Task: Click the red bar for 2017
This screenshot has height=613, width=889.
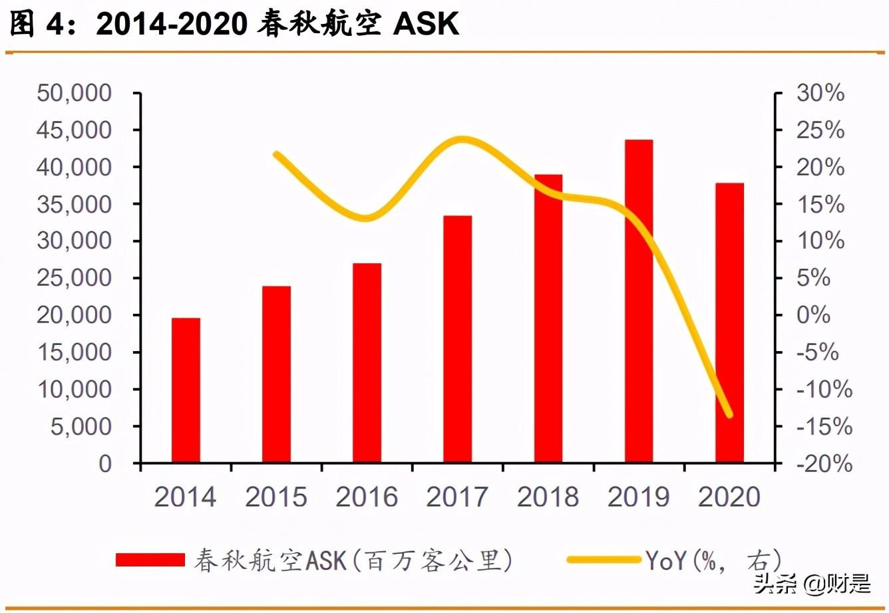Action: pos(457,339)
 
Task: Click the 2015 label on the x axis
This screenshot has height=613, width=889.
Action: pos(276,497)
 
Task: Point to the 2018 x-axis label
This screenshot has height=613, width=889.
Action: pos(548,497)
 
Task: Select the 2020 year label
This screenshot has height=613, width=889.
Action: pos(729,497)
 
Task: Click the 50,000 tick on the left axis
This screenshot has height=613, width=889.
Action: pos(75,93)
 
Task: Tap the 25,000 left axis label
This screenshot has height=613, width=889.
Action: pos(75,278)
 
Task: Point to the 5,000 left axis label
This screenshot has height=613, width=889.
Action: pos(81,426)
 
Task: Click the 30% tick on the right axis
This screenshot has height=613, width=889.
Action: pos(820,93)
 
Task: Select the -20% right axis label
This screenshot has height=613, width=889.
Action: pos(824,463)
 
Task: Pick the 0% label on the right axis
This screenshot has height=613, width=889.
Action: pos(813,315)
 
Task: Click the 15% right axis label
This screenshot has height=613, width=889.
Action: pos(820,204)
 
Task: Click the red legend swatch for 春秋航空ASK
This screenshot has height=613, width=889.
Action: pos(150,560)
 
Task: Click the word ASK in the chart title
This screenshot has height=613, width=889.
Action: pos(426,24)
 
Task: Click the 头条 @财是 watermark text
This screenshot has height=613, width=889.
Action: pos(812,584)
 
